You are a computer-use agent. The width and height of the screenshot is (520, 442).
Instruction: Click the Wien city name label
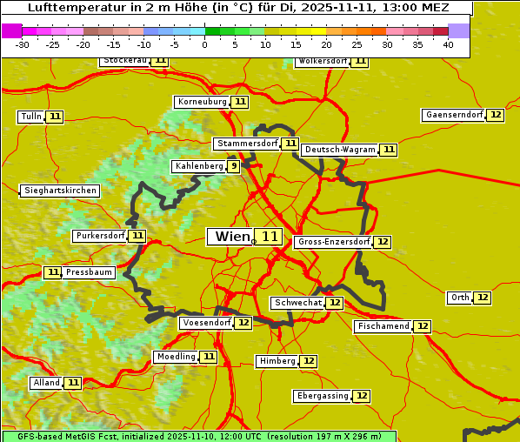(231, 237)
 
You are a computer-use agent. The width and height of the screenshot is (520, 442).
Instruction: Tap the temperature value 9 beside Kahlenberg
(234, 166)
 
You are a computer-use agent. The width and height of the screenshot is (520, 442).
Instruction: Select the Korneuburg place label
(202, 102)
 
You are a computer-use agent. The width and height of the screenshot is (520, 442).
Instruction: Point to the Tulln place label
(30, 117)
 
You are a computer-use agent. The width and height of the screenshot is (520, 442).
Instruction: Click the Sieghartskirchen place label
(60, 191)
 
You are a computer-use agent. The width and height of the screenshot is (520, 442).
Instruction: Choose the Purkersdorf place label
(99, 236)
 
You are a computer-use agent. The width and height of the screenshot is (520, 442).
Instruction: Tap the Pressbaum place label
(89, 272)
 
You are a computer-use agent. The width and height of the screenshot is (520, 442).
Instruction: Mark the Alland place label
(46, 383)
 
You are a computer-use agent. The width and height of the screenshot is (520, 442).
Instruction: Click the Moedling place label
(176, 357)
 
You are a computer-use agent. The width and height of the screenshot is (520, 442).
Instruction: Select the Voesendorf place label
(206, 323)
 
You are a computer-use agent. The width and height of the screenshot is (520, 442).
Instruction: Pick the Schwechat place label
(297, 303)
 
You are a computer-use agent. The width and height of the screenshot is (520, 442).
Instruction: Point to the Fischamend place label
(383, 326)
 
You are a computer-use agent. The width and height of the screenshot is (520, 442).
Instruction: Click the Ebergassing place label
(322, 396)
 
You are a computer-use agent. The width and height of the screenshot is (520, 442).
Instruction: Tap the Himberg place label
(277, 361)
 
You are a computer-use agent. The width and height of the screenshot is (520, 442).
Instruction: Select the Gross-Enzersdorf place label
(333, 242)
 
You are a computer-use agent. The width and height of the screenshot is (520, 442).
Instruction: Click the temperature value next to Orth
(483, 298)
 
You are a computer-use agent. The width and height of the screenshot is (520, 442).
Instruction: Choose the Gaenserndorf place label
(453, 115)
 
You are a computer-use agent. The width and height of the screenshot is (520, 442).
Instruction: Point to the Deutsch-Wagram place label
(340, 150)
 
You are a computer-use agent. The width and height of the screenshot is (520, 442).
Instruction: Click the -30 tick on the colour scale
(23, 44)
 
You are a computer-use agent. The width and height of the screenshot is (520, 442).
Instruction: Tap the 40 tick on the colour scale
(449, 44)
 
